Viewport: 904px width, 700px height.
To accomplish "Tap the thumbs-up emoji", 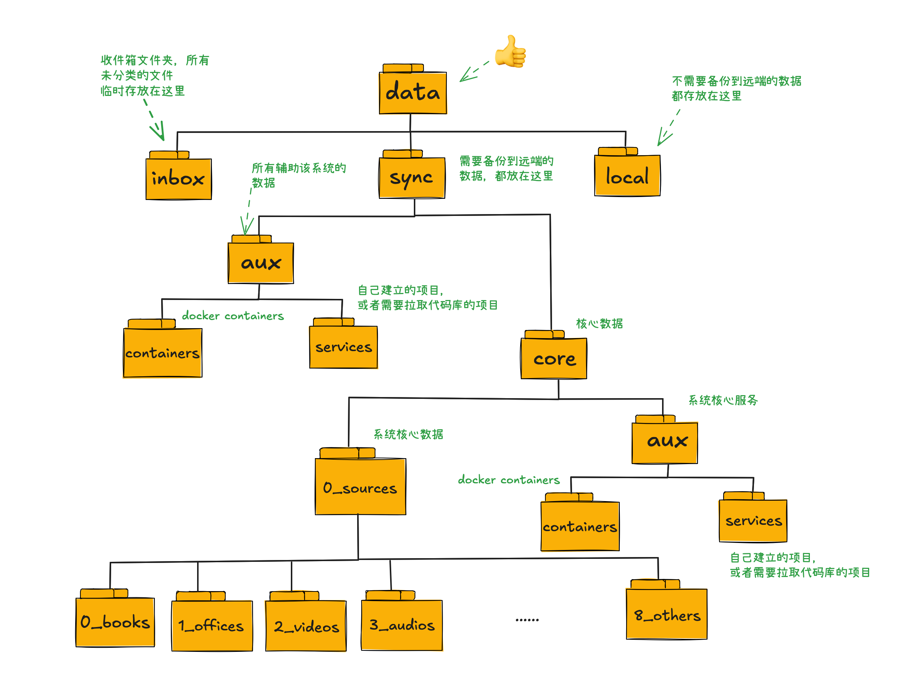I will click(511, 51).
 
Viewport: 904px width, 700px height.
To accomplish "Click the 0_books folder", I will click(115, 622).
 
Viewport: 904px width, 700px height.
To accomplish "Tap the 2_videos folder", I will click(306, 626).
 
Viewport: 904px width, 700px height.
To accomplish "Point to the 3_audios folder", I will click(402, 625).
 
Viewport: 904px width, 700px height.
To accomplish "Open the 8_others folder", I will click(667, 614).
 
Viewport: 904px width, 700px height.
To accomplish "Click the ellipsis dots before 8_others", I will click(527, 620).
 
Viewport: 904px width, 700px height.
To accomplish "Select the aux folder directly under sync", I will click(261, 263).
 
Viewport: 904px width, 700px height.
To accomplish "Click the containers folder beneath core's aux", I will click(580, 526).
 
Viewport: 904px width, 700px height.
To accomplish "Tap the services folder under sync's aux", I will click(343, 347).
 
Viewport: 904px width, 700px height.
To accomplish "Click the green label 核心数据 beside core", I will click(599, 324).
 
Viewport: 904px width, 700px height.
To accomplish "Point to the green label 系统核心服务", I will click(723, 400).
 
